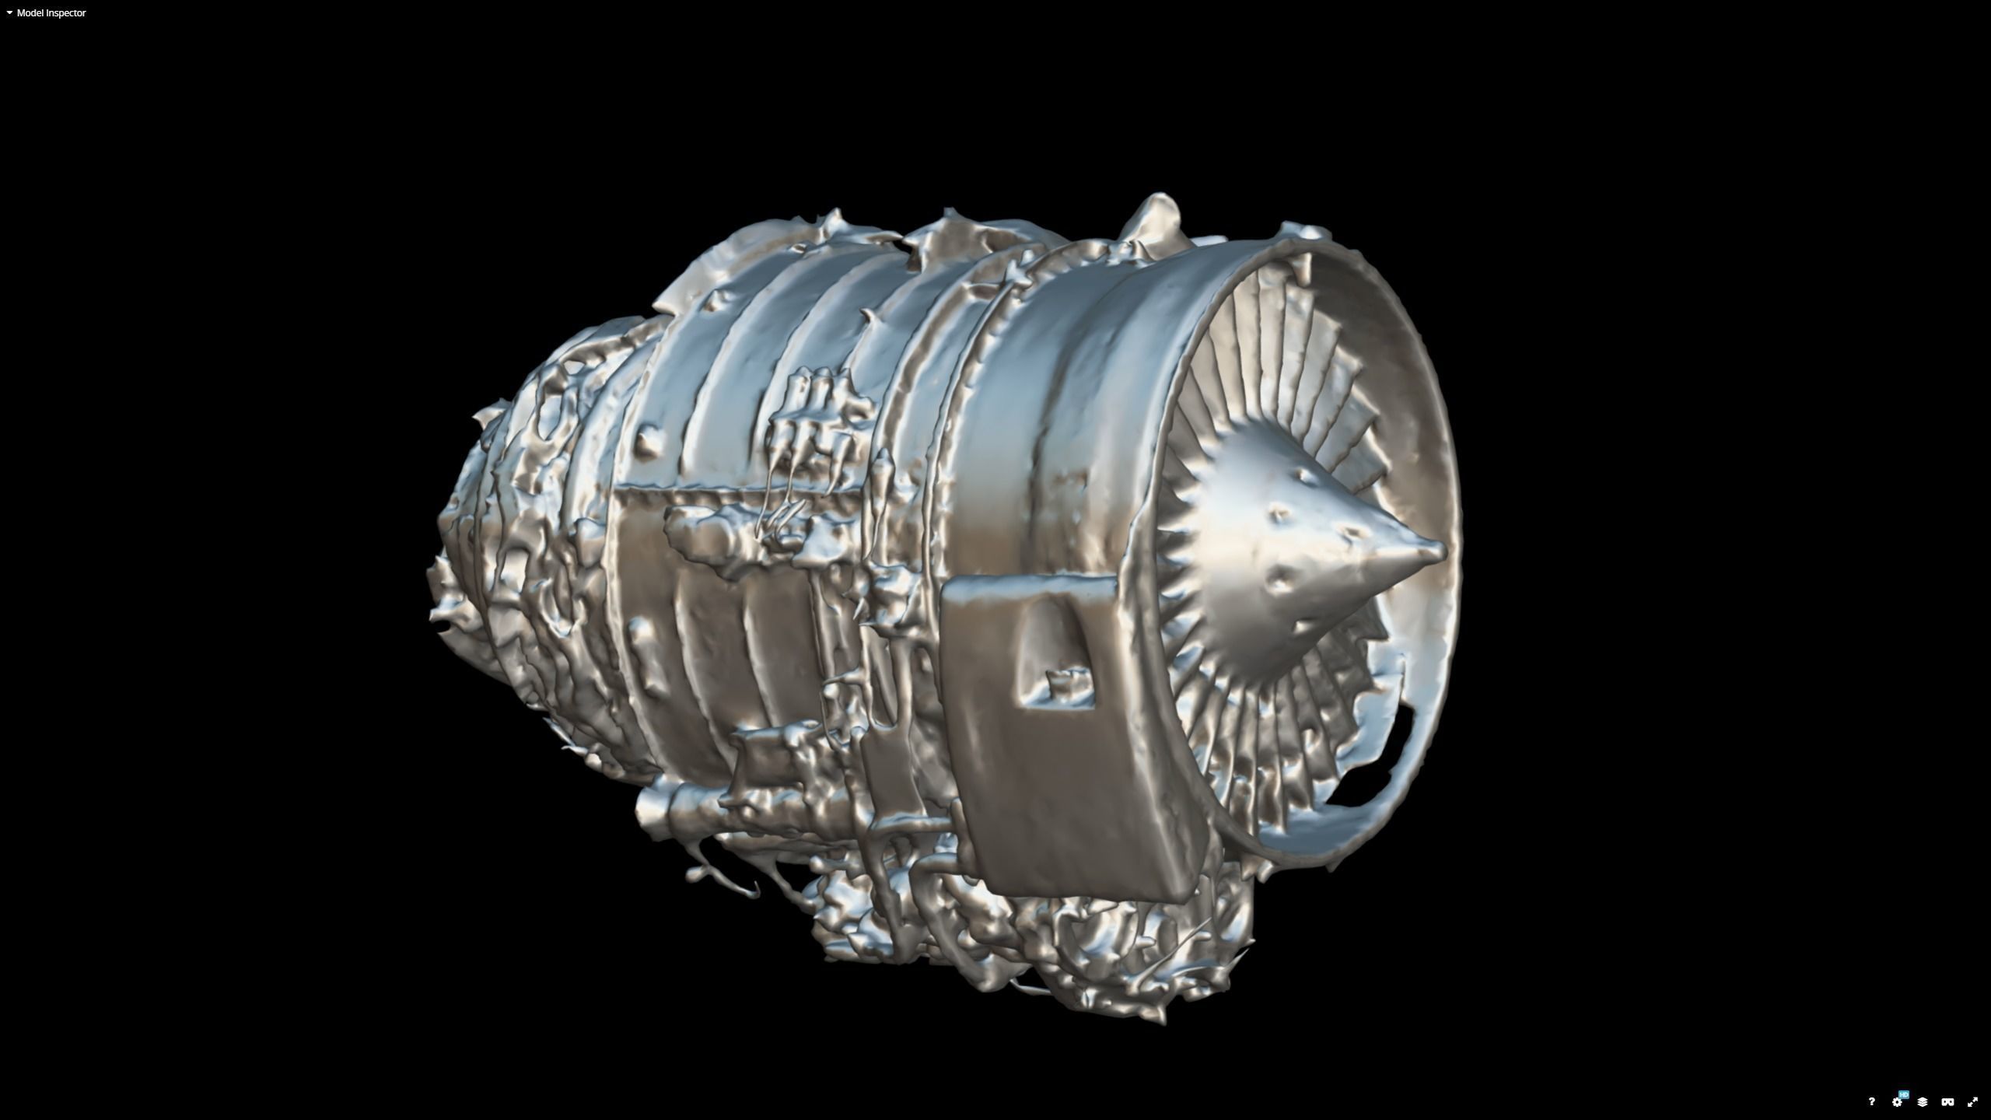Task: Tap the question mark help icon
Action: click(x=1871, y=1102)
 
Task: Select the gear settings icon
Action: click(x=1896, y=1103)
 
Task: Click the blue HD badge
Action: click(x=1904, y=1095)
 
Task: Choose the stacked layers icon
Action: click(x=1922, y=1102)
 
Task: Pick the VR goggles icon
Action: click(x=1947, y=1102)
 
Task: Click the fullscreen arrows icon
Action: click(x=1972, y=1102)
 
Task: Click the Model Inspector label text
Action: click(x=51, y=13)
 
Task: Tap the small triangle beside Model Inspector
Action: click(x=9, y=13)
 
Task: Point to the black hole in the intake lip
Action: click(x=1400, y=747)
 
